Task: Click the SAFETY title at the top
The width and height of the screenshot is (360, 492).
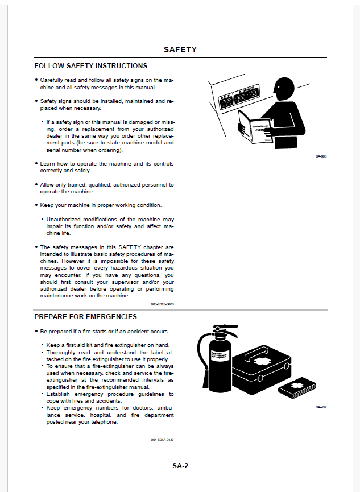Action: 180,49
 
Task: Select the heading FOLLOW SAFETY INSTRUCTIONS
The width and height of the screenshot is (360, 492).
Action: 91,66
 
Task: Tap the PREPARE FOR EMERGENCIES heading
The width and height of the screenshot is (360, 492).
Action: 85,316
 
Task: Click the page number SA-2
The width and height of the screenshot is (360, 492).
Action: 180,466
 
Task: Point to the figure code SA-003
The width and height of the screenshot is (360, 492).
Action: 321,156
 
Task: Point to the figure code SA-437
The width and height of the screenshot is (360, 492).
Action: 321,407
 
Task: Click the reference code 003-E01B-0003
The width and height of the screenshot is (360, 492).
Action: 162,304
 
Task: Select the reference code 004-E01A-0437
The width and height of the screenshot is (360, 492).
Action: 162,439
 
